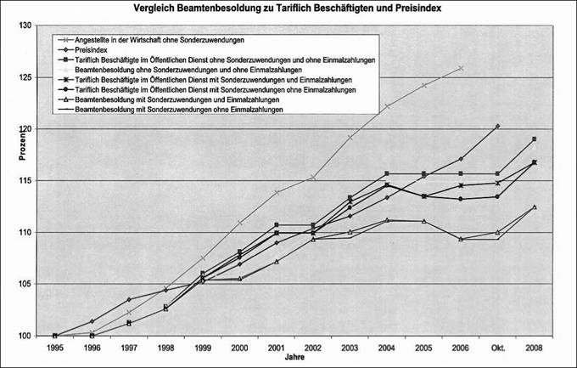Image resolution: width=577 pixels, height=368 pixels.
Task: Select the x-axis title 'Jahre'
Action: pos(294,360)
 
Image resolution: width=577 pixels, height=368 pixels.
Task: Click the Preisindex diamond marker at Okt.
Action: pos(498,126)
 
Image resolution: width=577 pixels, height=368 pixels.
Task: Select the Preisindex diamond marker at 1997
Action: pos(128,299)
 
